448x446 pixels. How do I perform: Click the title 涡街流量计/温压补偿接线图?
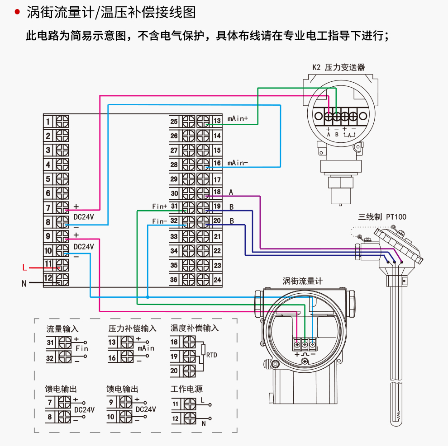click(x=111, y=12)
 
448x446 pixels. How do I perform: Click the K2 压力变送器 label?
click(x=338, y=67)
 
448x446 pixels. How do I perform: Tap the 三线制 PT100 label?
click(x=382, y=217)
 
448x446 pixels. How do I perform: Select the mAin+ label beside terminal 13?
click(x=238, y=119)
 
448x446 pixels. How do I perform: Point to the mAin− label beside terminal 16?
click(x=238, y=163)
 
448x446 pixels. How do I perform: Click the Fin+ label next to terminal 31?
click(x=160, y=207)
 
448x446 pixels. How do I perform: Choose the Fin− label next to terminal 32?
click(x=160, y=221)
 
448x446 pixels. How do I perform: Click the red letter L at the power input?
click(x=24, y=268)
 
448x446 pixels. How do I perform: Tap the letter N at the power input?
click(x=24, y=284)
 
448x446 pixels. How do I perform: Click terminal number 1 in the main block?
click(x=48, y=121)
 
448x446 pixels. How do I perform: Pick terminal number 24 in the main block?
click(x=217, y=280)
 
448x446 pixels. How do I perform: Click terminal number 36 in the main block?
click(x=174, y=280)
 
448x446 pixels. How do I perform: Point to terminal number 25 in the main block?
click(x=174, y=121)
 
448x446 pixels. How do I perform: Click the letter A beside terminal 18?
click(x=231, y=192)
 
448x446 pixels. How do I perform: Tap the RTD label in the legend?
click(x=212, y=355)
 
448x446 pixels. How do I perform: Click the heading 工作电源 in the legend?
click(x=186, y=389)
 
